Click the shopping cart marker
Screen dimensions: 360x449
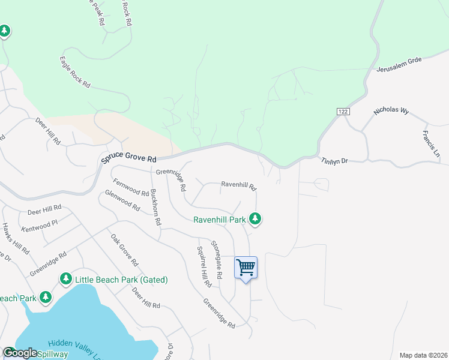(x=246, y=268)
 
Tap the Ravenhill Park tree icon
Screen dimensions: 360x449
(x=256, y=219)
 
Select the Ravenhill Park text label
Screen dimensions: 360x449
(x=220, y=220)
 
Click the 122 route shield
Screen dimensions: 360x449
(x=343, y=112)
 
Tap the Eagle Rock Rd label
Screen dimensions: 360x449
(x=74, y=73)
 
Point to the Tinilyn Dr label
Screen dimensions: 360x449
(x=334, y=161)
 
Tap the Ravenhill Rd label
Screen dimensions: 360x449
(x=238, y=185)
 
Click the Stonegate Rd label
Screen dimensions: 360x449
(x=217, y=259)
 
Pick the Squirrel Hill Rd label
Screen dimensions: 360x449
(x=204, y=265)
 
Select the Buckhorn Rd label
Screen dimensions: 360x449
(x=155, y=207)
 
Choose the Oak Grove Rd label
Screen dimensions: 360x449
(x=124, y=250)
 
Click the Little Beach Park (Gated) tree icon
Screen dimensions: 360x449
(x=65, y=279)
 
